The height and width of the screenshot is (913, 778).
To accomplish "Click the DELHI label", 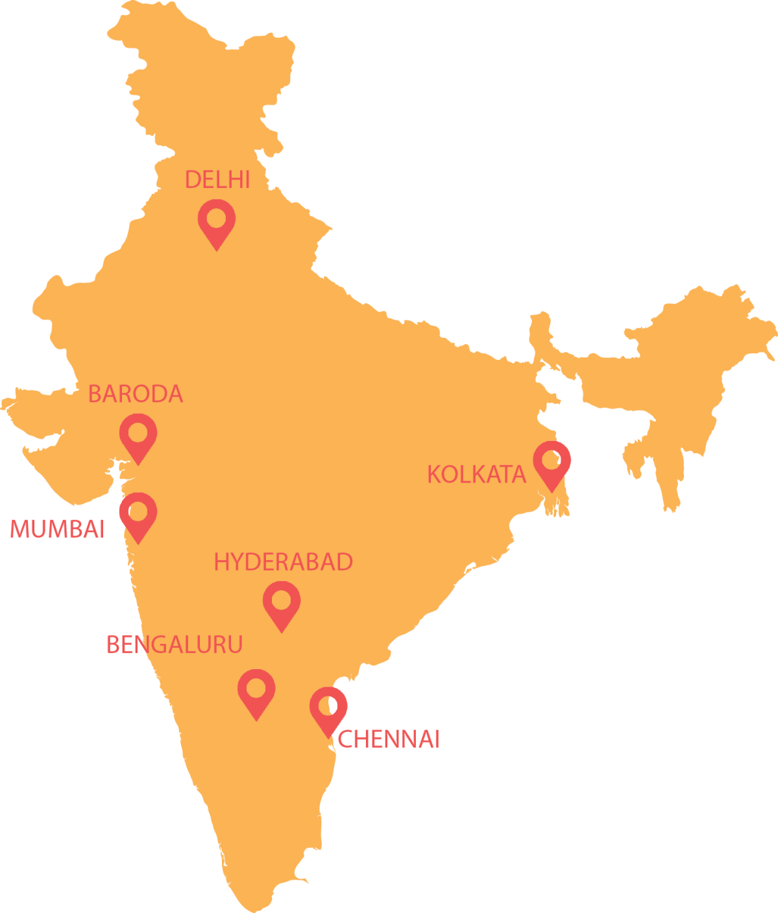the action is tap(217, 180).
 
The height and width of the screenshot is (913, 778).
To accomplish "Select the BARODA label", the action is tap(136, 394).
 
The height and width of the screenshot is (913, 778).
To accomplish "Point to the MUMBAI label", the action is tap(57, 529).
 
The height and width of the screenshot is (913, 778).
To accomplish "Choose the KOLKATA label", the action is tap(476, 475).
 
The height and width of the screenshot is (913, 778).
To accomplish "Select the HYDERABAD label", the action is tap(284, 562).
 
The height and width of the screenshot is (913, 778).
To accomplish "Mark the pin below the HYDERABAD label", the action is tap(281, 604).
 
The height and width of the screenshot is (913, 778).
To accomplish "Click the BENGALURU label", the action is tap(175, 645).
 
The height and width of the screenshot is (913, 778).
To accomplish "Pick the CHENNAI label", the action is tap(389, 739).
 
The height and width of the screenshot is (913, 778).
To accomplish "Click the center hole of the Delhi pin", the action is tap(216, 218).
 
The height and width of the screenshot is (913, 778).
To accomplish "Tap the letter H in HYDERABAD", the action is tap(222, 562).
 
